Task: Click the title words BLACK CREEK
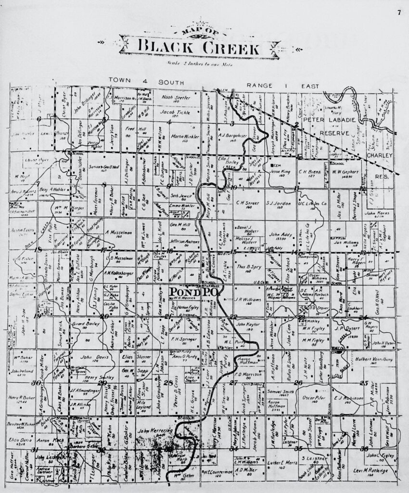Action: (198, 48)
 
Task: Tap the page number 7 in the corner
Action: (399, 13)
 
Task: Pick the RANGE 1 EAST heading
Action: (282, 86)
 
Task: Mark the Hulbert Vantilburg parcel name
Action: (375, 359)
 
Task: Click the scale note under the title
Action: (198, 64)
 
